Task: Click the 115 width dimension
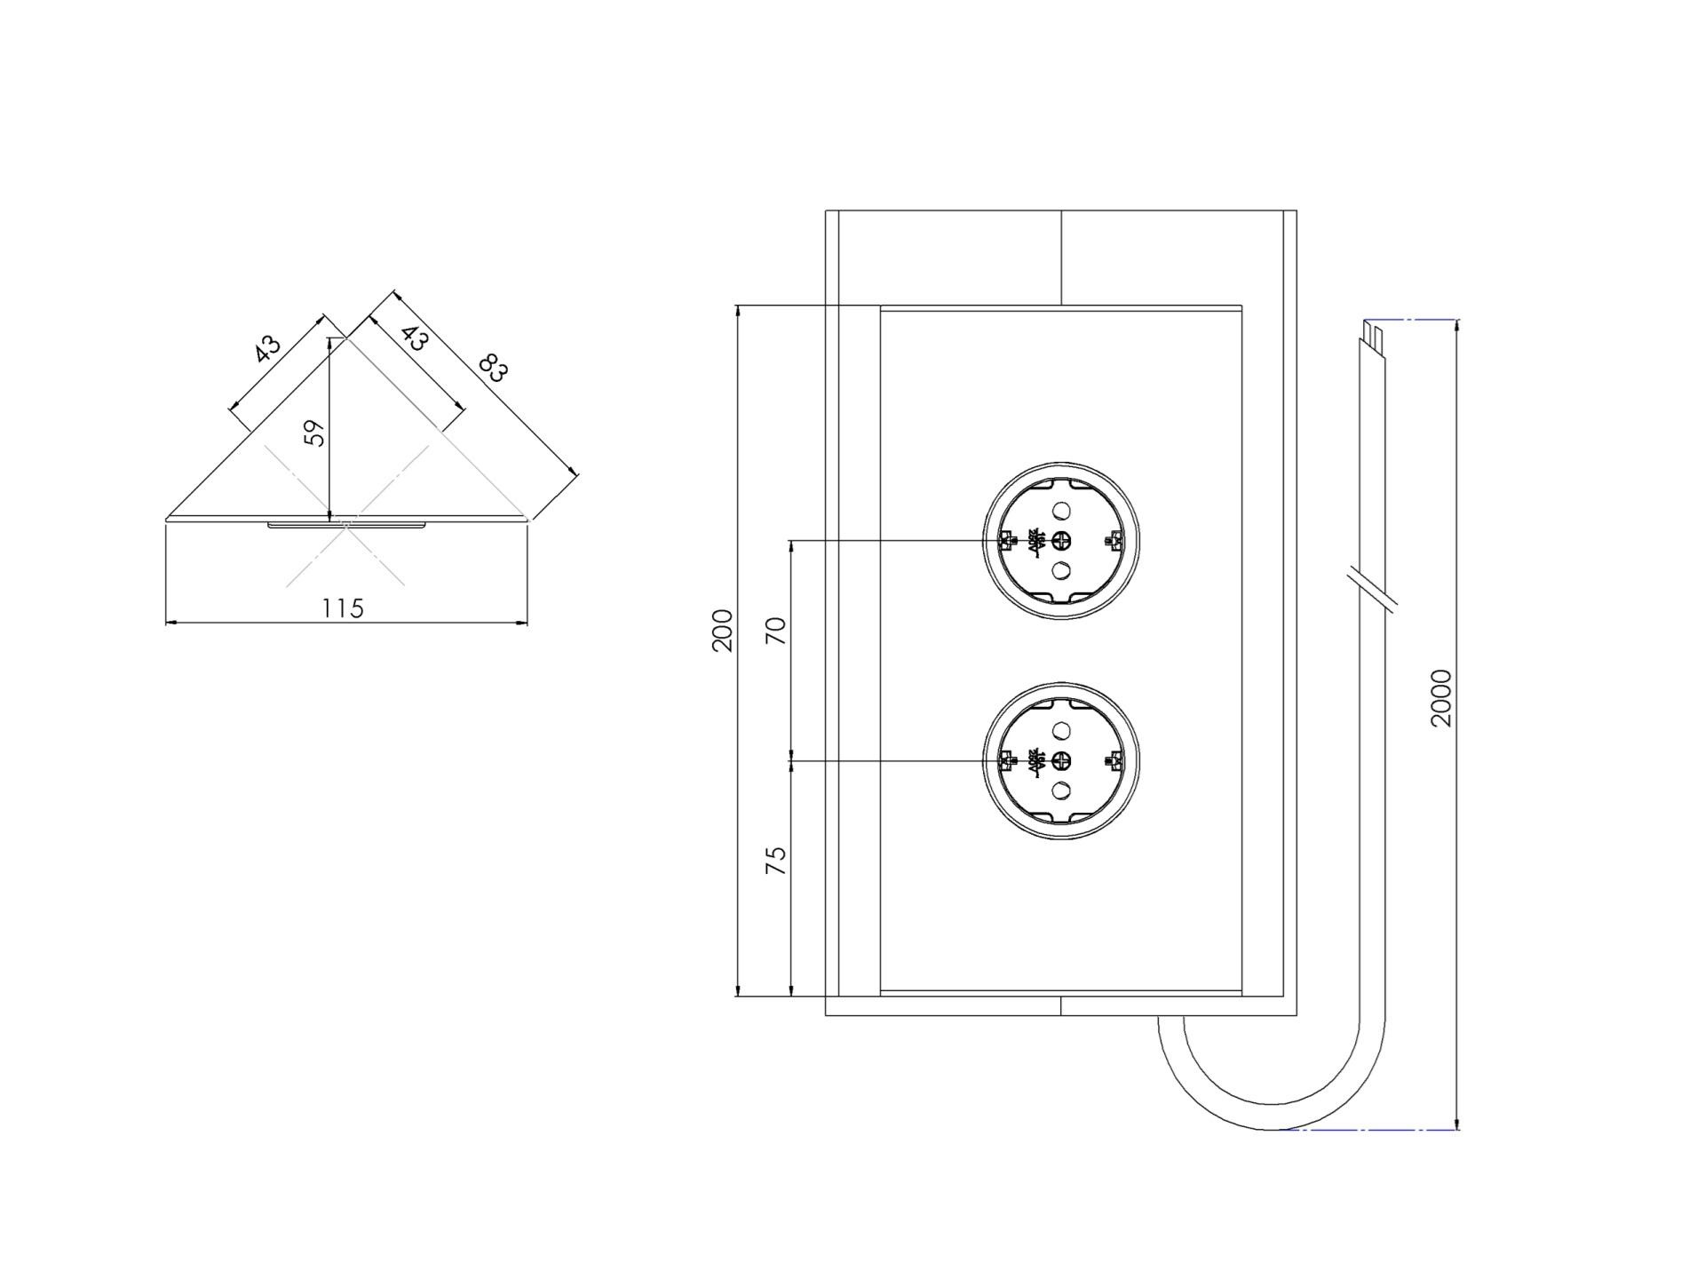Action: [x=343, y=608]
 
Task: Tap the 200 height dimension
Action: [x=723, y=630]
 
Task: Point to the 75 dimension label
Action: [x=776, y=860]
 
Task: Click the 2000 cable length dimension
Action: [x=1441, y=698]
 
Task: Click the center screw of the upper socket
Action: [x=1061, y=540]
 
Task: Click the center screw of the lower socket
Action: [x=1061, y=760]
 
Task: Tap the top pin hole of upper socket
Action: [x=1061, y=511]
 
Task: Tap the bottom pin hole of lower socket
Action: [x=1061, y=790]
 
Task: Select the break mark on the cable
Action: [x=1372, y=587]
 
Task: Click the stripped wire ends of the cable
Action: [x=1373, y=338]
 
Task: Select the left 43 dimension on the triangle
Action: [x=266, y=347]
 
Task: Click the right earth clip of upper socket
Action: [x=1114, y=540]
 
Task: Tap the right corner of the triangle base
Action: [x=527, y=518]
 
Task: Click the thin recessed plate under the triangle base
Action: [x=346, y=526]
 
